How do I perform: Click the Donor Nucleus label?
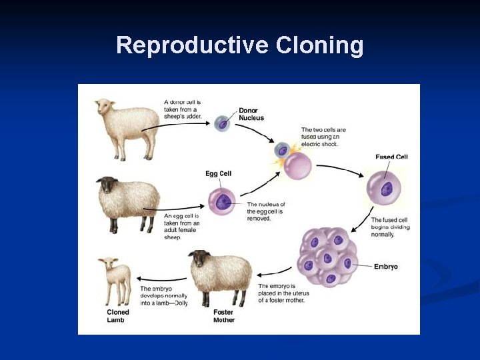pos(251,114)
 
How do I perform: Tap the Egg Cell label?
pos(219,174)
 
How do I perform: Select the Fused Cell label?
pos(391,157)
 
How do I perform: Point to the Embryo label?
pos(385,267)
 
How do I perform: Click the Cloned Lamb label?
pos(118,316)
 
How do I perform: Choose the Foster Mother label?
pos(224,316)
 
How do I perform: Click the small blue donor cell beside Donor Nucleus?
pos(222,123)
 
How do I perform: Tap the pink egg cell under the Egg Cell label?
pos(222,203)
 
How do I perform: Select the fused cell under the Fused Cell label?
pos(385,189)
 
